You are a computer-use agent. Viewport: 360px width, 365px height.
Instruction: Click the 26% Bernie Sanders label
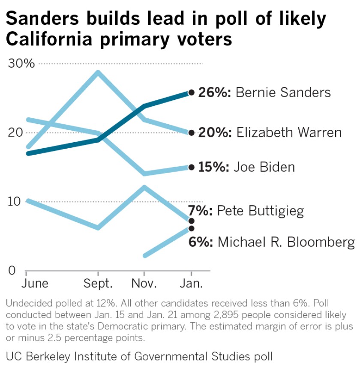click(264, 93)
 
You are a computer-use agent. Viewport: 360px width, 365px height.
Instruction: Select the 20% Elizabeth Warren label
click(270, 132)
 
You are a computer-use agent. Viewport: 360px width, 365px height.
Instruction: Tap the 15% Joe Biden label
click(246, 167)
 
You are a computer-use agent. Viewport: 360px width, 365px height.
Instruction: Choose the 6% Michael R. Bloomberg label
click(271, 242)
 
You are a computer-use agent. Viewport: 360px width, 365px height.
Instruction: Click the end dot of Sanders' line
click(191, 92)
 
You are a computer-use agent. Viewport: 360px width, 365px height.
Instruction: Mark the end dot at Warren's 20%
click(191, 133)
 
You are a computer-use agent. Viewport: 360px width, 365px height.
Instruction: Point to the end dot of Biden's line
click(191, 167)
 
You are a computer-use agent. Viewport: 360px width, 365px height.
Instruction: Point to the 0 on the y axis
click(12, 271)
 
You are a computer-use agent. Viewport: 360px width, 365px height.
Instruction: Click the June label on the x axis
click(35, 284)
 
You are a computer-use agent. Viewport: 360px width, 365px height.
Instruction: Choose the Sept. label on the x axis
click(99, 284)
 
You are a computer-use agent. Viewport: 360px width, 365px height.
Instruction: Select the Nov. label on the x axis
click(144, 284)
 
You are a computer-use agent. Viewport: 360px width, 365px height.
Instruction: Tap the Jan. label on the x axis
click(191, 284)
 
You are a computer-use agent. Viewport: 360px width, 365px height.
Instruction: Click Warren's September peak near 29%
click(98, 72)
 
